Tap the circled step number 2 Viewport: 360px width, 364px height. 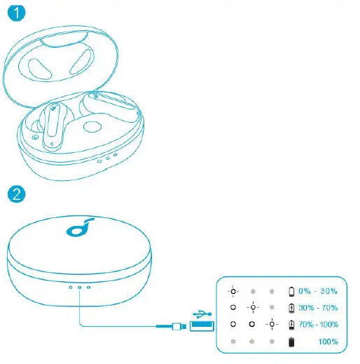[x=13, y=191]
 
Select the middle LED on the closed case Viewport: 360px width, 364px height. [x=79, y=287]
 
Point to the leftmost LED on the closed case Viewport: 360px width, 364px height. [x=70, y=287]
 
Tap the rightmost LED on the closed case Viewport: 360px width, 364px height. [x=88, y=287]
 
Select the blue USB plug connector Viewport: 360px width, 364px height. [x=200, y=325]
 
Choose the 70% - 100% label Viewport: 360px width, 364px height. [x=318, y=325]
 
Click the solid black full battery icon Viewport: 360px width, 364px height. [x=292, y=342]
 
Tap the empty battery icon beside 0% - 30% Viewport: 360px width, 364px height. [x=292, y=290]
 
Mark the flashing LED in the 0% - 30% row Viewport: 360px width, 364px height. [x=233, y=290]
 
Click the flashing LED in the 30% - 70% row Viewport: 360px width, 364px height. [x=251, y=307]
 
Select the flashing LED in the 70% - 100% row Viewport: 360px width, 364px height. [x=270, y=325]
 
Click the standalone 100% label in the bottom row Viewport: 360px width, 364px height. [x=327, y=342]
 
